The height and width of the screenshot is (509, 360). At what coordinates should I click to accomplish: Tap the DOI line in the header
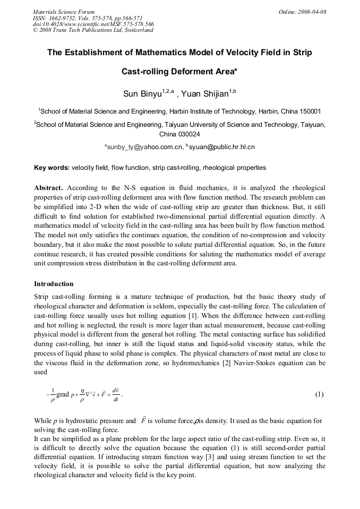coord(93,24)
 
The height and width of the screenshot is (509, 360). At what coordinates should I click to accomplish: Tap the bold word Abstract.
coord(48,188)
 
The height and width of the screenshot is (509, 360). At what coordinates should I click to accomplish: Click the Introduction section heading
coord(54,284)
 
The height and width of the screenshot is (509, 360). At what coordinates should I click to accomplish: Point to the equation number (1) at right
coord(320,394)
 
